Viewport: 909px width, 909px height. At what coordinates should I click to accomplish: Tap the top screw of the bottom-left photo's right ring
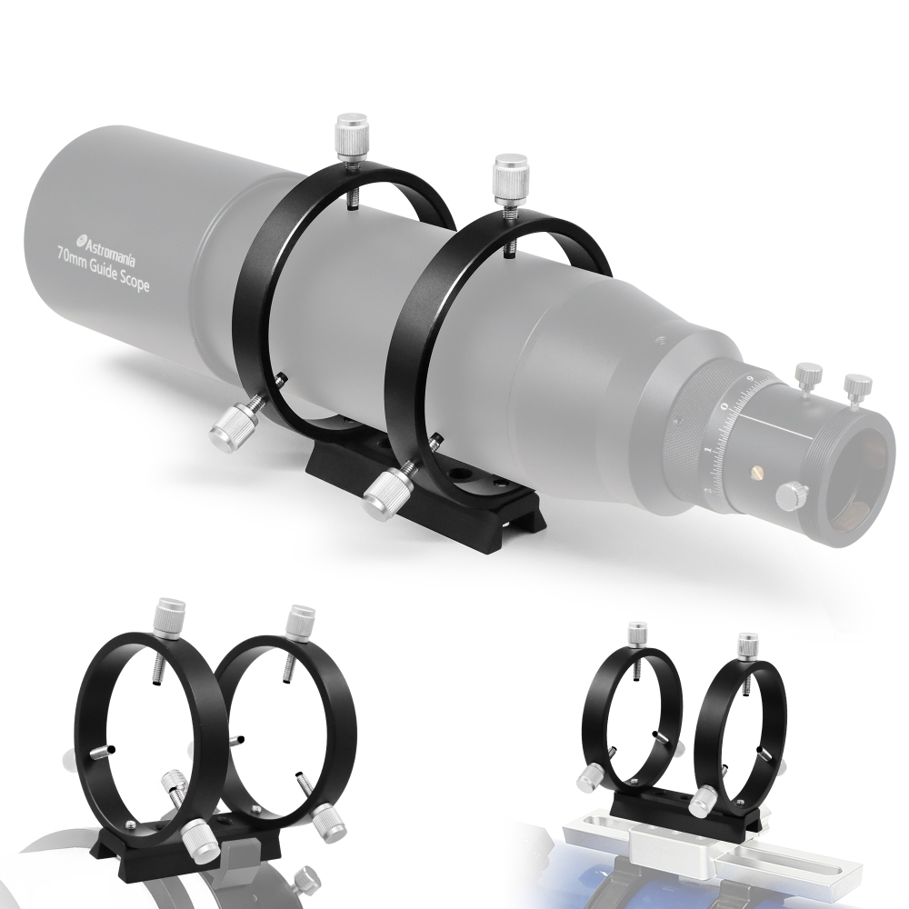pos(297,622)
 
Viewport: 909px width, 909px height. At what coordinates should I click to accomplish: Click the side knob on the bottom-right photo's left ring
pos(592,776)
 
